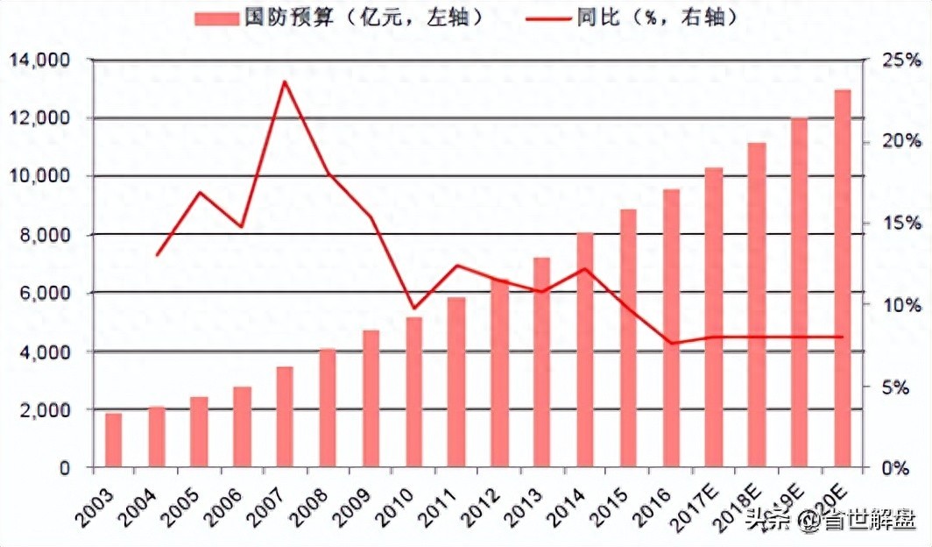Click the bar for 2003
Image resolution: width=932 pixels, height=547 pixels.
(114, 440)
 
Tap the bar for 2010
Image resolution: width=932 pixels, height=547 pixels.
(413, 393)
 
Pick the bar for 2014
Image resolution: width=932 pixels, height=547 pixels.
(585, 350)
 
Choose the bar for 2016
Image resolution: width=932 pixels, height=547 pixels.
(671, 328)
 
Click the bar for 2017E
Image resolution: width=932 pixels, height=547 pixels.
(714, 317)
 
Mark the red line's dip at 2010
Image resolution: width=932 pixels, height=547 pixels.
(414, 309)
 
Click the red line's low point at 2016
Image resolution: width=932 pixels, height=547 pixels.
(671, 343)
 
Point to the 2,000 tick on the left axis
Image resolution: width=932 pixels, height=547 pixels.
(45, 410)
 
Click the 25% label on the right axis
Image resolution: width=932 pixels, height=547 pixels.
(901, 60)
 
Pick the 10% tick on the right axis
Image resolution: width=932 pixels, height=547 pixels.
(901, 305)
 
